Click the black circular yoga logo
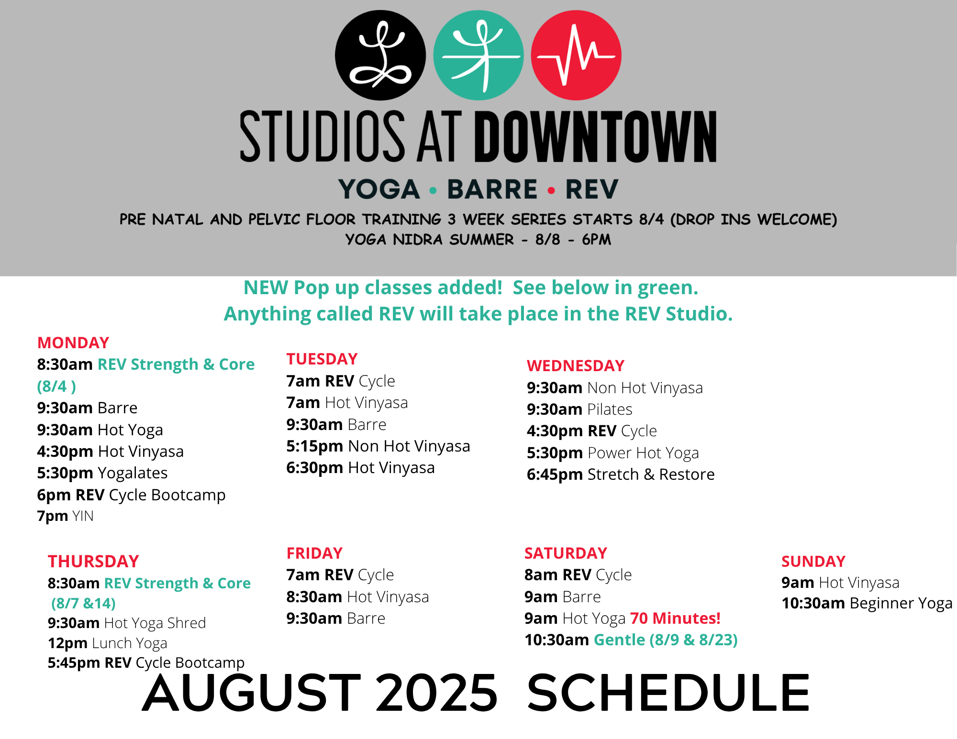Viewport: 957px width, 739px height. (x=380, y=55)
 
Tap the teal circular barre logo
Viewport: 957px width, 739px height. (x=478, y=55)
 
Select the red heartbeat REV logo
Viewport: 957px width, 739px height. (x=576, y=55)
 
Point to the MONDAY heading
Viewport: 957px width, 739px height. (x=73, y=342)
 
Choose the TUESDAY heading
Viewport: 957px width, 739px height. (x=322, y=359)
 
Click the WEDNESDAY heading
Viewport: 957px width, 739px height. (x=576, y=365)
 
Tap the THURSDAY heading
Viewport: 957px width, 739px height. (x=93, y=561)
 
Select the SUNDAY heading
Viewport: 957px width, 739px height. (x=813, y=561)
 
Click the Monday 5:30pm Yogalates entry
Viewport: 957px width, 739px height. (x=102, y=473)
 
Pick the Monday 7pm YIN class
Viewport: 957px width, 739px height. (x=66, y=516)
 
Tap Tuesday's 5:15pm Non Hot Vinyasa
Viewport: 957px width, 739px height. (x=378, y=446)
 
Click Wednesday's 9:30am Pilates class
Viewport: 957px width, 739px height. (x=579, y=409)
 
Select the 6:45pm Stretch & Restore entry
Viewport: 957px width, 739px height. (x=621, y=474)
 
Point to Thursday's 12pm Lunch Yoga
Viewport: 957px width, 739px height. (x=108, y=643)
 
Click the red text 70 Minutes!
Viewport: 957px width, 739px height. (x=675, y=618)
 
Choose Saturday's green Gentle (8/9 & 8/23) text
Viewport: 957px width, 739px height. (x=666, y=640)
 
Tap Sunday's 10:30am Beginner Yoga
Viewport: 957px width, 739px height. (x=867, y=603)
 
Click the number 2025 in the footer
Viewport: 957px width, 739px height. (x=436, y=693)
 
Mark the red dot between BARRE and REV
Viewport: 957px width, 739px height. (x=551, y=190)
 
